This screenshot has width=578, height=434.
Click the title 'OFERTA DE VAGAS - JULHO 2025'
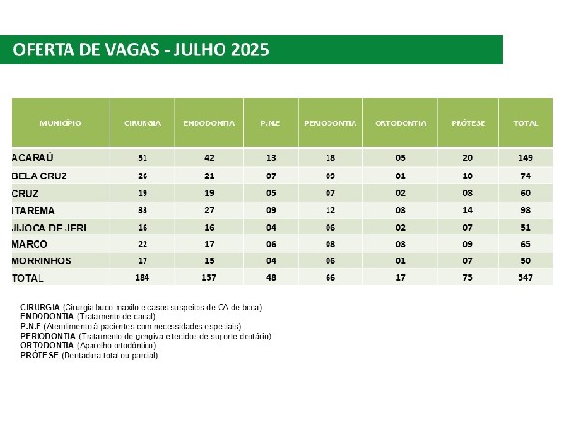click(x=141, y=49)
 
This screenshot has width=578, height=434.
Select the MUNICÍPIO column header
click(x=60, y=123)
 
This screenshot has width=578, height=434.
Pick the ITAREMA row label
click(x=33, y=209)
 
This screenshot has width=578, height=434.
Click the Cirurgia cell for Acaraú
click(x=143, y=156)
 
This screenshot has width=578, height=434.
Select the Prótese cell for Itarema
click(x=468, y=209)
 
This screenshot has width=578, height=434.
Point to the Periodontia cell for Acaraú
click(x=330, y=156)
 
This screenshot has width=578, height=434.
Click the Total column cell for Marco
click(x=526, y=244)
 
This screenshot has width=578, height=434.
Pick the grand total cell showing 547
click(x=526, y=278)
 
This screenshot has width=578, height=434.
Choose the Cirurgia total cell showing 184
click(x=143, y=278)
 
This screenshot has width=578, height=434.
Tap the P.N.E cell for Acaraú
click(x=270, y=156)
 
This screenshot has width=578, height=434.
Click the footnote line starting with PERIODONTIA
click(x=146, y=336)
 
